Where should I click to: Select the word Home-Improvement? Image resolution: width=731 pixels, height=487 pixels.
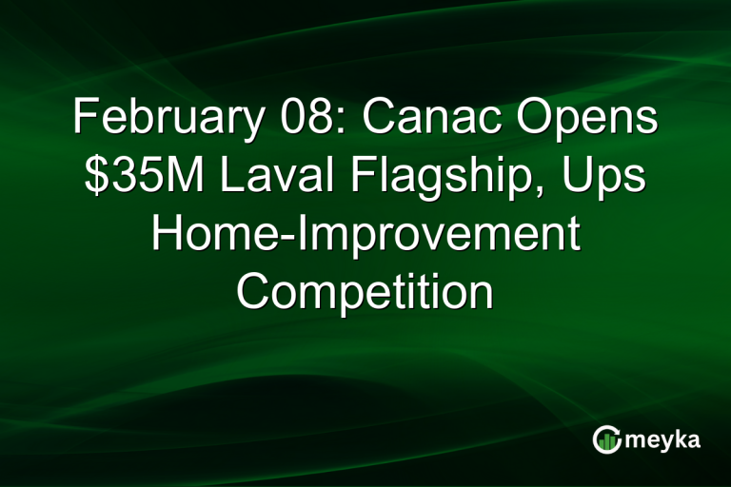coord(365,234)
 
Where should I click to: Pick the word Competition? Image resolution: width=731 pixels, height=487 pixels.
coord(365,290)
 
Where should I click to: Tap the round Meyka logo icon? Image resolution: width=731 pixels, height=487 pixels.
coord(606,439)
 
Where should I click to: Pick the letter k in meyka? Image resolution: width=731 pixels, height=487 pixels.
coord(681,438)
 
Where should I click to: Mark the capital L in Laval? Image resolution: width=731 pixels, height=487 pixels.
coord(223,179)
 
